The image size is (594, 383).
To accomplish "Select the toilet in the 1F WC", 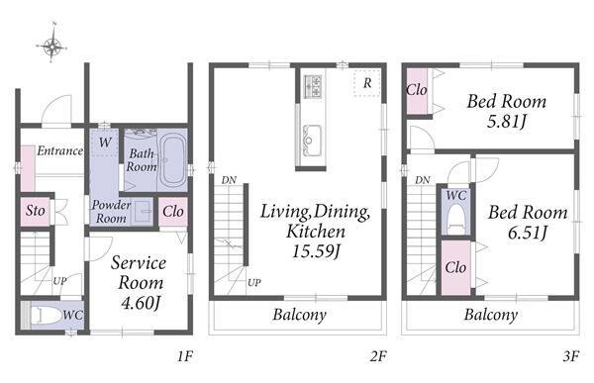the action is (47, 315).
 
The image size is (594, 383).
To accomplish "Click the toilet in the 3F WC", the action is (456, 218).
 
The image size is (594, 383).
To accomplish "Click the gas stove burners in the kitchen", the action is (313, 86).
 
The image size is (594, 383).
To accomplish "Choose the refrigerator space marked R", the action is (367, 83).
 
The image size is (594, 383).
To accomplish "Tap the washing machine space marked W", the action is (105, 143).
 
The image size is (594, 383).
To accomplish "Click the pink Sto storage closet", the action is (35, 212).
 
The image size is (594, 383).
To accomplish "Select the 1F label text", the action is (185, 356).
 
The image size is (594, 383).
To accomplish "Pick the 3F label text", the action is (571, 356).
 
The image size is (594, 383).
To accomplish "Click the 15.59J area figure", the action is (315, 250).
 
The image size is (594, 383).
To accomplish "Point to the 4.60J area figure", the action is (141, 303).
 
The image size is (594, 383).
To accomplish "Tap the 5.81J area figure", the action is (507, 122).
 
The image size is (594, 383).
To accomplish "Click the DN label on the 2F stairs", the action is (229, 180).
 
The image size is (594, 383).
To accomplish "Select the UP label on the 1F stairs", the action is (59, 281).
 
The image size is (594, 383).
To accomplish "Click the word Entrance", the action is (59, 150).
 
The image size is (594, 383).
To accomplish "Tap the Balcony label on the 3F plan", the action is (491, 315).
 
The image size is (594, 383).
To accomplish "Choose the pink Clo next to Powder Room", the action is (173, 212).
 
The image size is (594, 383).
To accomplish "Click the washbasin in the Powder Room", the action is (144, 212).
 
